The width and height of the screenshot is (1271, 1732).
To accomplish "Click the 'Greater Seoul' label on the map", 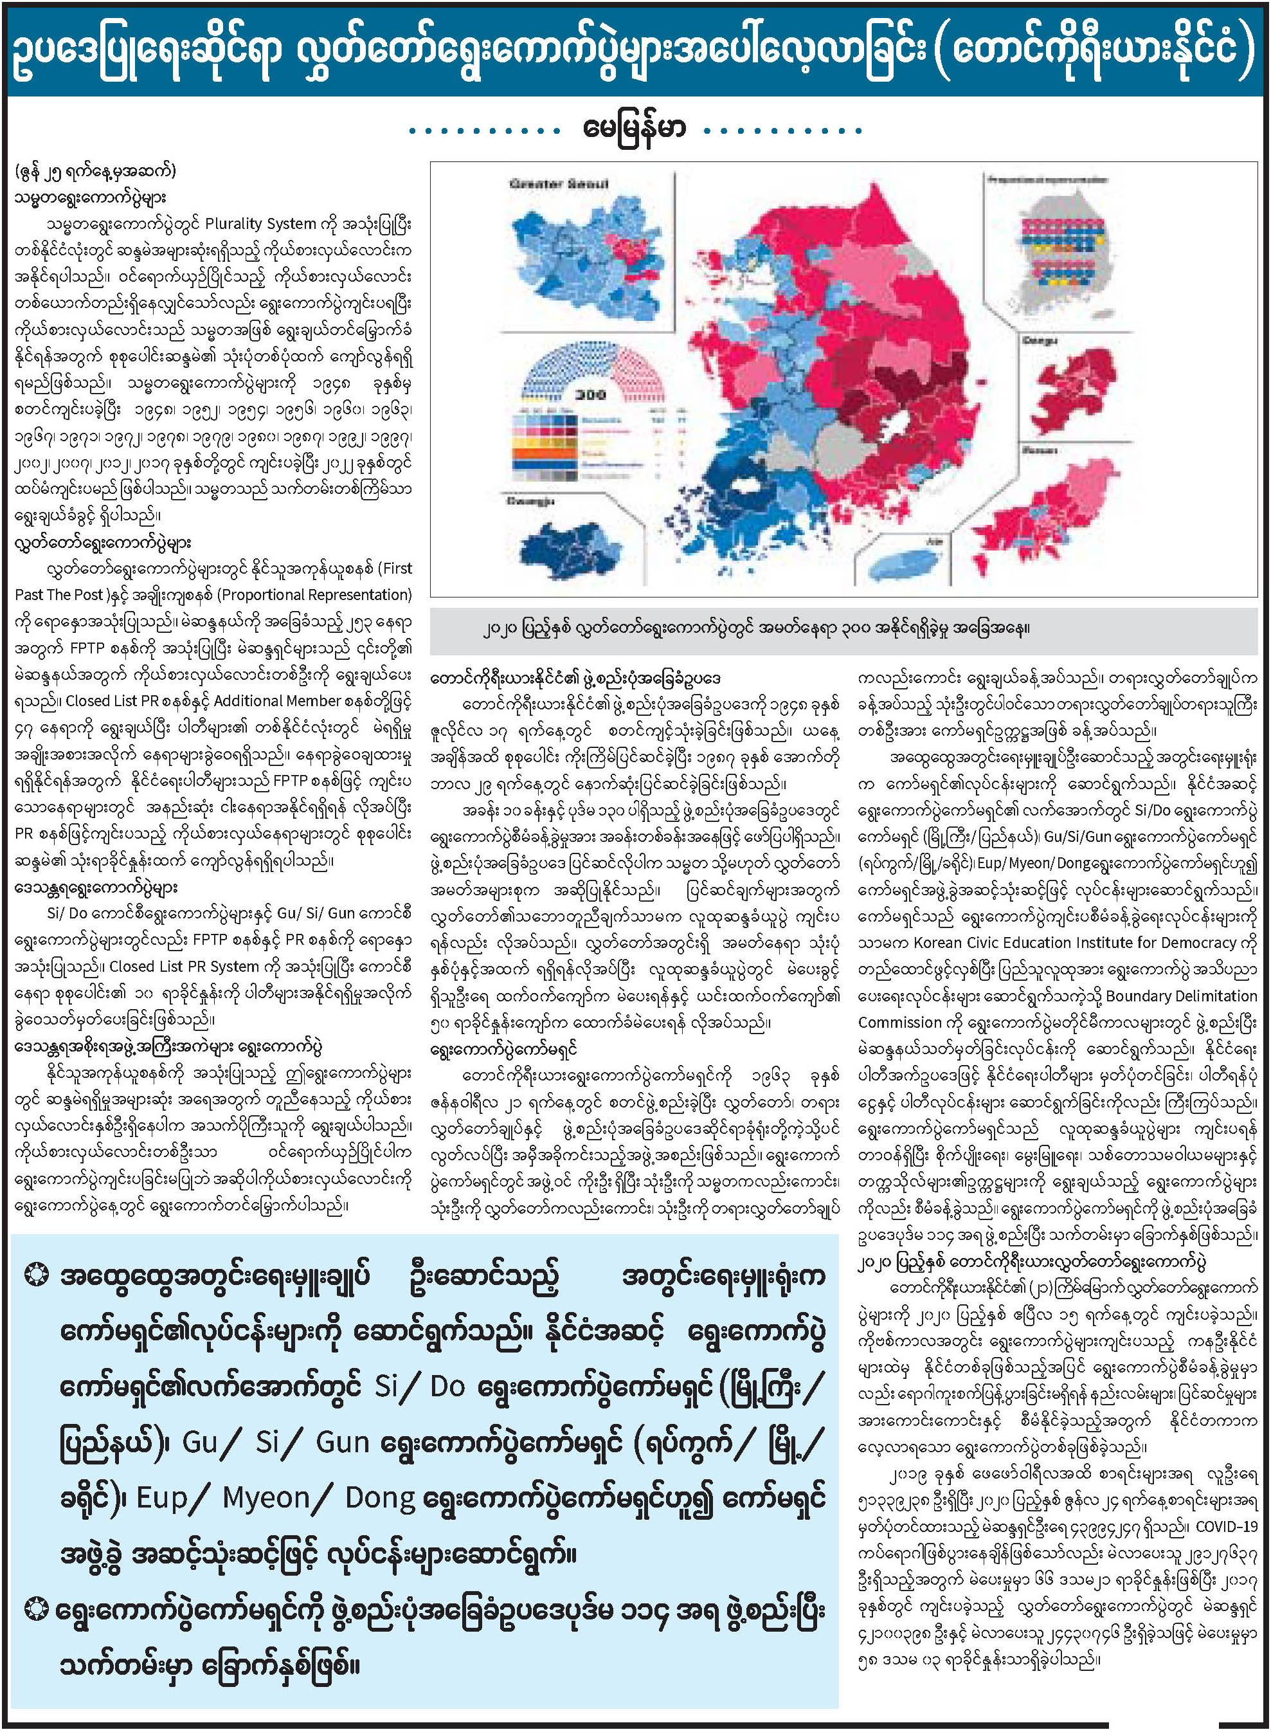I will [559, 184].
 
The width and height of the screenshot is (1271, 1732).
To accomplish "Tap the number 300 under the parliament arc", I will [591, 394].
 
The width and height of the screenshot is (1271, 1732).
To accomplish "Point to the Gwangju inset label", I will [529, 501].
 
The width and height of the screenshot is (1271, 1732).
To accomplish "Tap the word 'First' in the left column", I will [397, 568].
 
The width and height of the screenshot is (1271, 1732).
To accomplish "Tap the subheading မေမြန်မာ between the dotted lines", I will [635, 129].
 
